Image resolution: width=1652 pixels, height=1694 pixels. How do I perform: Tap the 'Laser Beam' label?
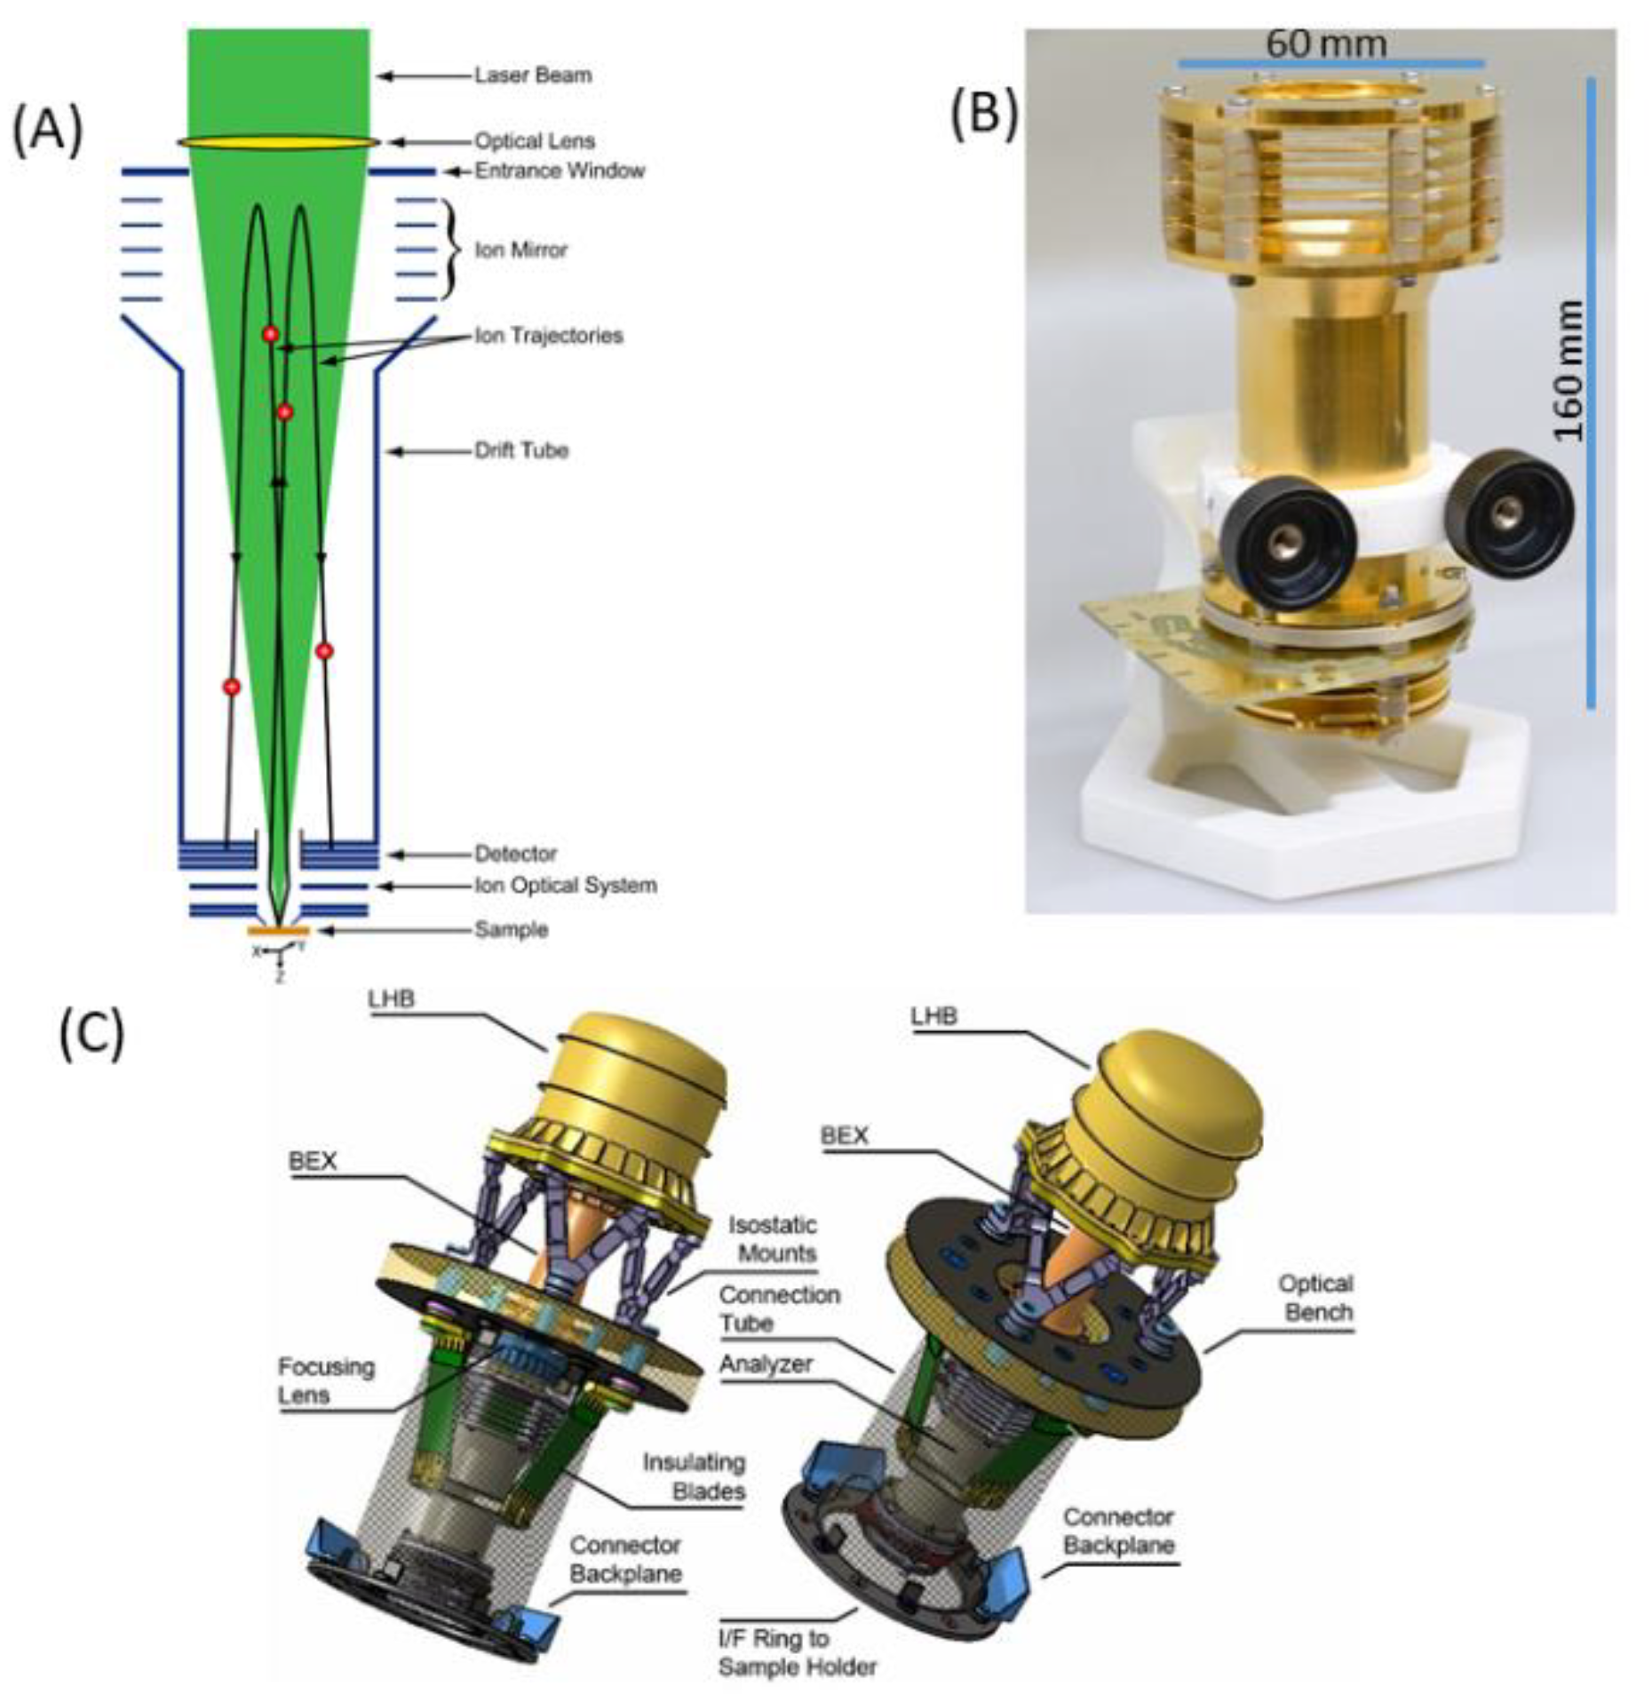coord(532,76)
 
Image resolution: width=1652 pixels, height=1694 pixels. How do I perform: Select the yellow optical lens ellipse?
coord(278,142)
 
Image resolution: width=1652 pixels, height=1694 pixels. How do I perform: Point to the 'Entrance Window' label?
coord(559,171)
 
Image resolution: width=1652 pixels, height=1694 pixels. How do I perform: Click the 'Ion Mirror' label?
coord(520,250)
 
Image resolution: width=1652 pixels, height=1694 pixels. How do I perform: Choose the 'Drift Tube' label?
coord(520,450)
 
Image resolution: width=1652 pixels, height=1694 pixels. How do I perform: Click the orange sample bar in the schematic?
coord(278,930)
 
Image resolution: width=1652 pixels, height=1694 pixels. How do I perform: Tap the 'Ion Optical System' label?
coord(565,886)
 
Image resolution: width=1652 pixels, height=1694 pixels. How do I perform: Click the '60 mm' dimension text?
coord(1325,43)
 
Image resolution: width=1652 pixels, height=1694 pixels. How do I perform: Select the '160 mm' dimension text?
coord(1569,370)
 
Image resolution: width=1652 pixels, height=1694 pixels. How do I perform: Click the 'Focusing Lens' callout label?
coord(326,1380)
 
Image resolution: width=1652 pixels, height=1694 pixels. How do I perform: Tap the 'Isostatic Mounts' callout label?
coord(771,1239)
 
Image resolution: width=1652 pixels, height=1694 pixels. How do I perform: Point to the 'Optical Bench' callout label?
coord(1315,1298)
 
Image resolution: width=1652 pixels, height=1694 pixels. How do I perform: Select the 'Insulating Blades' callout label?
coord(694,1476)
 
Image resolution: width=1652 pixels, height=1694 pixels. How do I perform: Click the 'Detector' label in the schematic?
coord(515,854)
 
